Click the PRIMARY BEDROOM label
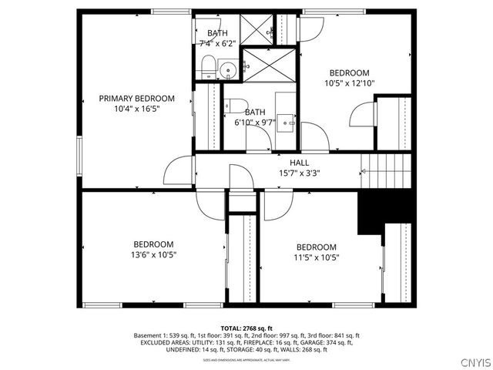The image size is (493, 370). tap(136, 99)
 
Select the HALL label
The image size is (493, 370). tap(299, 163)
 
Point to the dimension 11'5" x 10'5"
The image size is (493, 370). tap(316, 257)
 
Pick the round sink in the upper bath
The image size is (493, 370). tap(226, 72)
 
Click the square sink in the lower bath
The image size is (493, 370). tap(287, 120)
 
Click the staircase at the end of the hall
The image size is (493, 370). tap(387, 164)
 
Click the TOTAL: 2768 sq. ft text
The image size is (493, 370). tap(246, 328)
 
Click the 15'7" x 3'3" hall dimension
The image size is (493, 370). tap(299, 173)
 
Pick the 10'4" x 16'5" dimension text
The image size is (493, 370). tap(136, 109)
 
